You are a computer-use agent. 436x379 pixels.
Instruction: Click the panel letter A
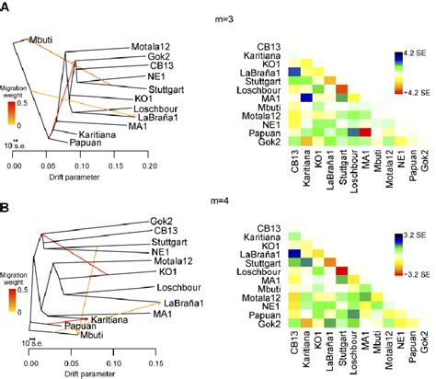click(x=6, y=7)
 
